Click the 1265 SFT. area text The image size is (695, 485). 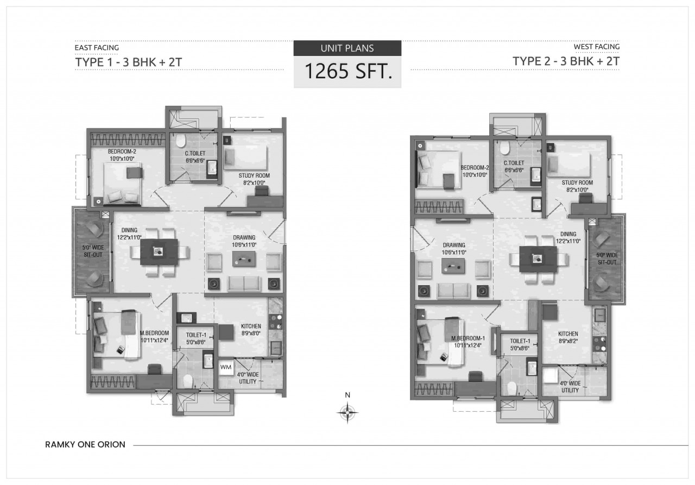348,71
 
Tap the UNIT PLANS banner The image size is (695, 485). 347,48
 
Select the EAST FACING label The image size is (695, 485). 97,47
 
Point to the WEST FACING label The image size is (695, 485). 596,47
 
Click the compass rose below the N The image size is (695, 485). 347,413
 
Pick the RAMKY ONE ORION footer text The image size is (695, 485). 85,445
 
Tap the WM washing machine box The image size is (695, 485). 226,367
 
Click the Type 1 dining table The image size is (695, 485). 159,251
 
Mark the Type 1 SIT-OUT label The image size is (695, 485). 93,251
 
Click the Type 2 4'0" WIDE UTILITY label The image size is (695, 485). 570,387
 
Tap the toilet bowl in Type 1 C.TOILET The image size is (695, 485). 180,141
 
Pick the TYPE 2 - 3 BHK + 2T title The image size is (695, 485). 566,61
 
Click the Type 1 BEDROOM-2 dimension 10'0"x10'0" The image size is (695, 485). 122,159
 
